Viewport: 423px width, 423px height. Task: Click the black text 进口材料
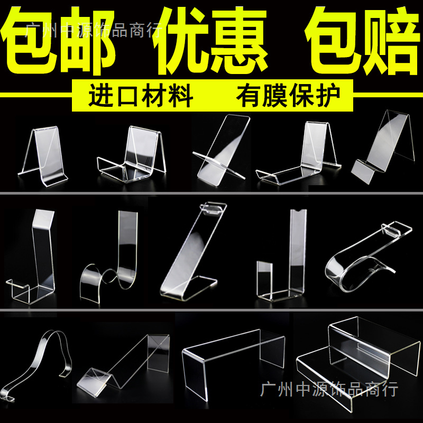[x=140, y=97]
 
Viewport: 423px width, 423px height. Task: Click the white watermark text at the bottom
[x=329, y=390]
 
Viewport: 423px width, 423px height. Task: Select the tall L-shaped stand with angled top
[x=34, y=254]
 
